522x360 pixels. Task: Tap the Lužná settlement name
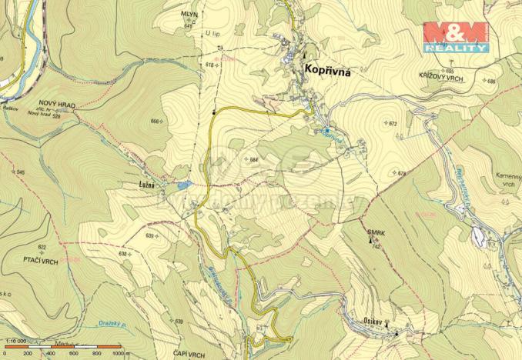(x=146, y=185)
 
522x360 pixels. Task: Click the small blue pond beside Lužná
(x=182, y=185)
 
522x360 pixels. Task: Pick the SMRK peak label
(x=376, y=232)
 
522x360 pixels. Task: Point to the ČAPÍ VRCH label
(x=189, y=354)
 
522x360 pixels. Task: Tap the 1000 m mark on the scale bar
(x=116, y=354)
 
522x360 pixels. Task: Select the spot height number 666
(x=156, y=122)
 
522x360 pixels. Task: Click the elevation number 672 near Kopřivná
(x=391, y=123)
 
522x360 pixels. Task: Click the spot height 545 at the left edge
(x=20, y=172)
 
